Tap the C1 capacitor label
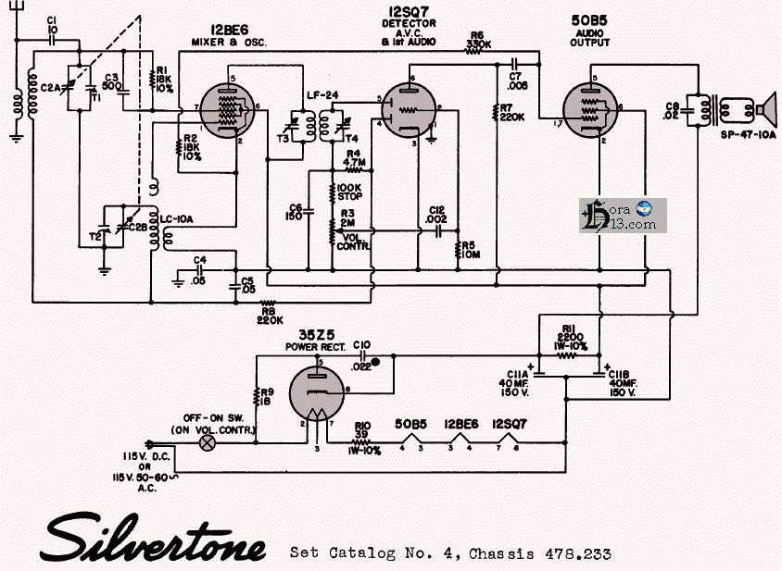pos(51,24)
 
